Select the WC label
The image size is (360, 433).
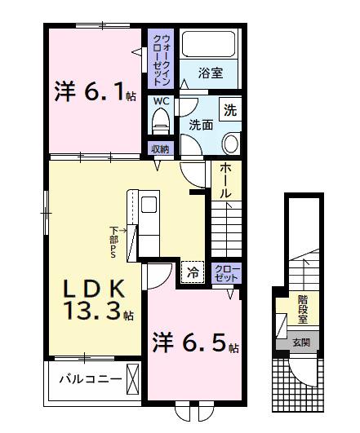[x=160, y=101]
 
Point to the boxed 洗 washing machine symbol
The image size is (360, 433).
[x=230, y=110]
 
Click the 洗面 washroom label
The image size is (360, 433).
[x=201, y=126]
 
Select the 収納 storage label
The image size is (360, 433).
[x=159, y=148]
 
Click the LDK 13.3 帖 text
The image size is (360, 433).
[x=93, y=298]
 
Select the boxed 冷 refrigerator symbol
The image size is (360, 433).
[x=192, y=272]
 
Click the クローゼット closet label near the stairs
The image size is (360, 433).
[x=226, y=273]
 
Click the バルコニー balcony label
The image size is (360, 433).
[x=91, y=378]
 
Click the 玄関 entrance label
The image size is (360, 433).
[x=303, y=343]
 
